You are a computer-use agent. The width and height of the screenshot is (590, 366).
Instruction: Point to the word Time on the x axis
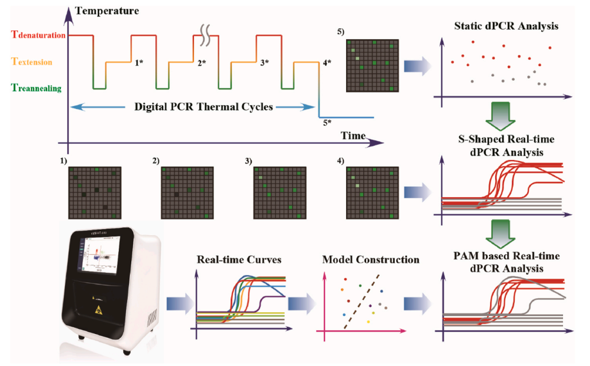click(x=353, y=136)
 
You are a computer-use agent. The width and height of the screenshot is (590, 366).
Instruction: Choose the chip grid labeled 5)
click(x=372, y=66)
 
